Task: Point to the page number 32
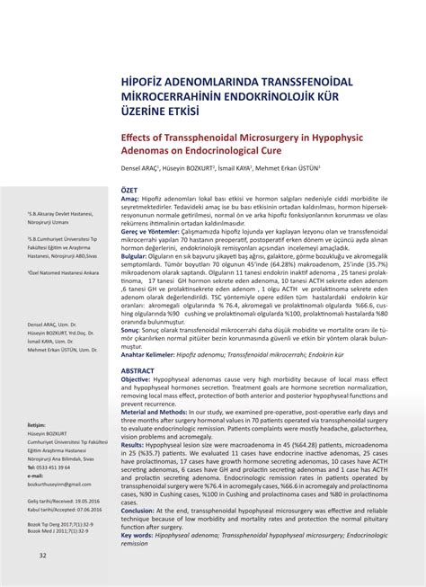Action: (42, 555)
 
